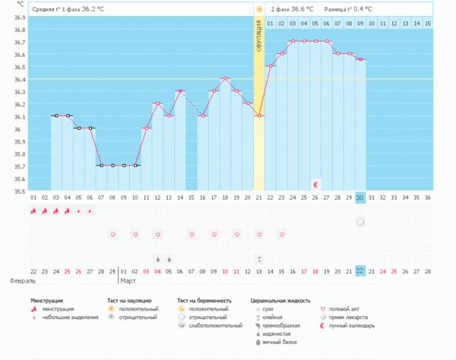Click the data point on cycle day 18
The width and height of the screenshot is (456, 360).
226,78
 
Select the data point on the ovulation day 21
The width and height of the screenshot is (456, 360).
259,115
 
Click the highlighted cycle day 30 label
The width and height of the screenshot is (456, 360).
360,197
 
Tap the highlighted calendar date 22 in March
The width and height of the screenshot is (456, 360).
360,271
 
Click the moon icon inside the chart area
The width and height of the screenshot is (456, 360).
315,184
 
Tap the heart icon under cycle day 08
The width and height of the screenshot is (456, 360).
112,235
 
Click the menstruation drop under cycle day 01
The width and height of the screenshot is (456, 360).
33,211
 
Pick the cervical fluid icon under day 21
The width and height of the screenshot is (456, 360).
259,258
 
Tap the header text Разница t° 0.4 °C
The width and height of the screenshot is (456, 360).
347,9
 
